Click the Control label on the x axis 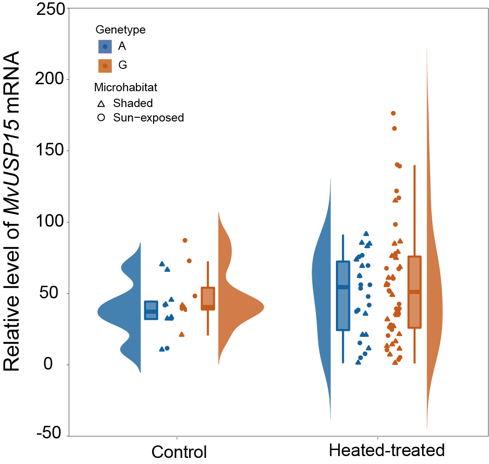(179, 452)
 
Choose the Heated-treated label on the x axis (387, 451)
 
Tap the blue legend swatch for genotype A (105, 47)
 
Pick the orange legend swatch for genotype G (105, 66)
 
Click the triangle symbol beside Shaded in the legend (101, 103)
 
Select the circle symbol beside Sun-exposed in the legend (101, 118)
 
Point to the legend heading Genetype (121, 30)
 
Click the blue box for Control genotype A (151, 310)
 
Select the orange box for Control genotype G (208, 298)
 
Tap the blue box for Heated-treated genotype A (343, 296)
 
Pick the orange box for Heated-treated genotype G (414, 292)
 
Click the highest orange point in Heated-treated (393, 113)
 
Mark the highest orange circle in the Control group (185, 240)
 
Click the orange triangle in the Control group (182, 334)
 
